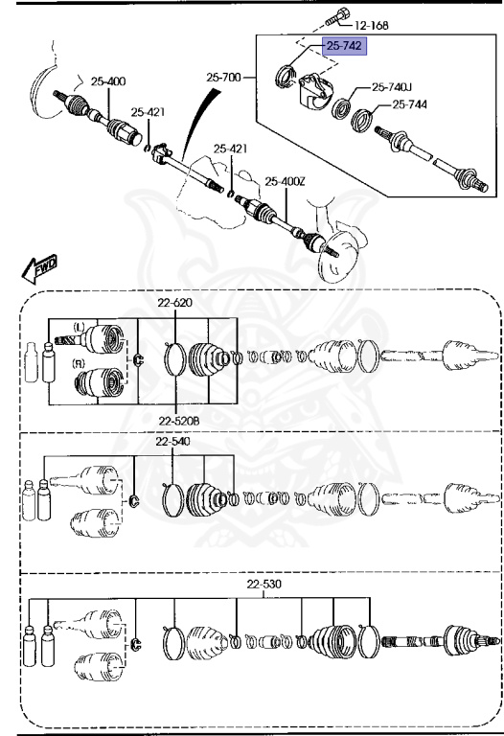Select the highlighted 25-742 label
click(x=345, y=45)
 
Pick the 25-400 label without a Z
click(x=108, y=81)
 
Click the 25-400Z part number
click(x=285, y=180)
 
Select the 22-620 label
click(x=175, y=303)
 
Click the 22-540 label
click(x=173, y=442)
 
